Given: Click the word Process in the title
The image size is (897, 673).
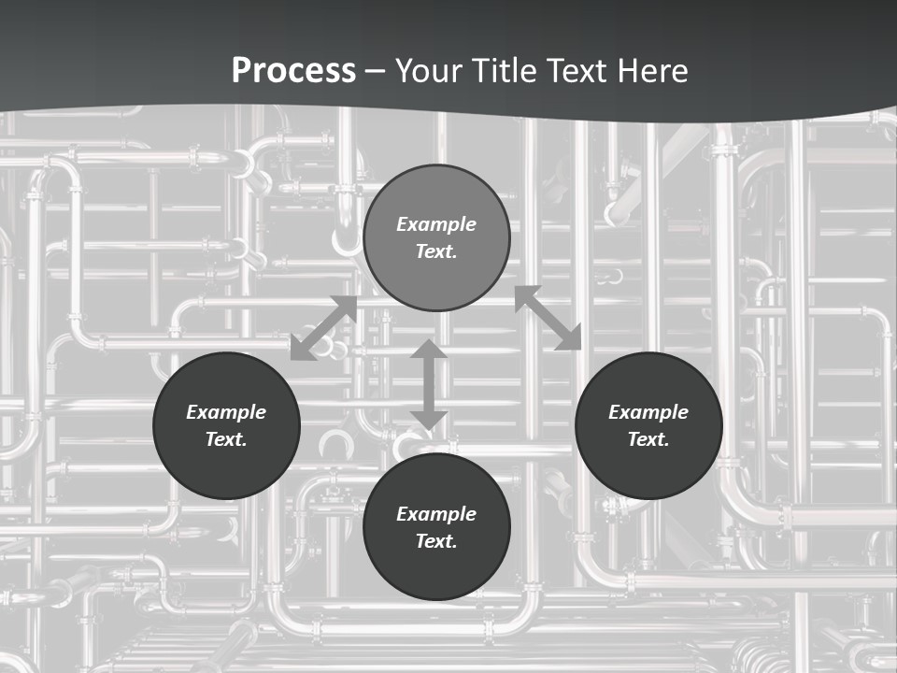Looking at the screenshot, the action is (x=293, y=70).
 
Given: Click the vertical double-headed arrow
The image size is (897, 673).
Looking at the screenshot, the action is (x=428, y=384).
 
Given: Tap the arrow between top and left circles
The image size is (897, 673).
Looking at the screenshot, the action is (x=323, y=328).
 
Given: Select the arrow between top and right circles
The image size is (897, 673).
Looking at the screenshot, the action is (x=548, y=318).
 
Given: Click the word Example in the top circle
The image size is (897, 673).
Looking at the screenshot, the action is (x=436, y=224).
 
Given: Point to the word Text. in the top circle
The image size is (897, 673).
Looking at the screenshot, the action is (x=436, y=251).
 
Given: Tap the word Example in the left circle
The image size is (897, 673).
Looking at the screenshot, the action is (x=226, y=412).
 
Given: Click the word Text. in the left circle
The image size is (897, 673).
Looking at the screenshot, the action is (x=226, y=439).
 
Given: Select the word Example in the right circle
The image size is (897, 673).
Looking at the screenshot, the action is (x=648, y=412).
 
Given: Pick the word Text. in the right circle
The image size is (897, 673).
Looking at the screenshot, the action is (x=648, y=439).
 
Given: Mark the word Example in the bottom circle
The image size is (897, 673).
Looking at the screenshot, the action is (x=436, y=514).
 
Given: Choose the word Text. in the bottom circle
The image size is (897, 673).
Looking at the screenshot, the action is (x=436, y=541).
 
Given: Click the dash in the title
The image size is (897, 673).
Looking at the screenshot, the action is (x=376, y=71).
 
